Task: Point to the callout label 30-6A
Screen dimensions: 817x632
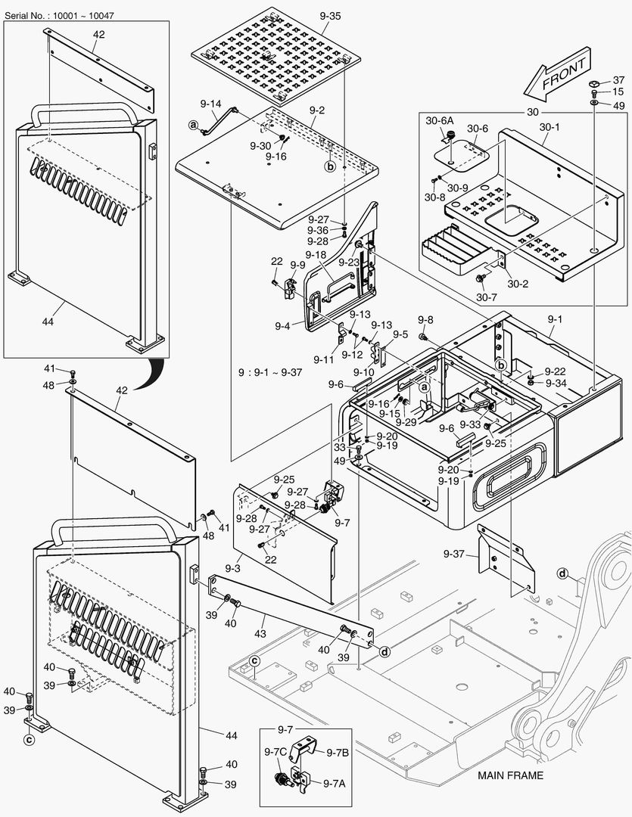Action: point(439,120)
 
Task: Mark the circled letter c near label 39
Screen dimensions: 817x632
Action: point(29,740)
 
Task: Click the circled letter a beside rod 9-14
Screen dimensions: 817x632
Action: point(194,124)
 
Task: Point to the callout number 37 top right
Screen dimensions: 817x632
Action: point(618,80)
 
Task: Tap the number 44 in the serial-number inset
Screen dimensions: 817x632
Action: point(48,322)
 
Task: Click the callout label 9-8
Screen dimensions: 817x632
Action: point(425,320)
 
